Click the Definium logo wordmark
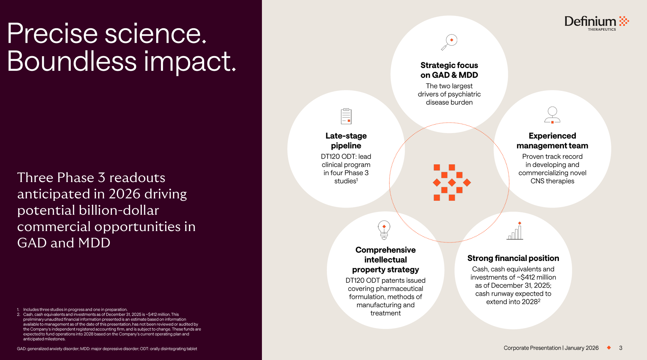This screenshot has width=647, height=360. pyautogui.click(x=590, y=21)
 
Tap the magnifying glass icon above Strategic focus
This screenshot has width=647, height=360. pyautogui.click(x=449, y=42)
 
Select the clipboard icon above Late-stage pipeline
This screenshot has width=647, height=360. pyautogui.click(x=346, y=116)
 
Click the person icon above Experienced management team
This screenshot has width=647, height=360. pyautogui.click(x=552, y=115)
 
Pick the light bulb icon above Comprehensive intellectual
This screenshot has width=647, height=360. pyautogui.click(x=384, y=230)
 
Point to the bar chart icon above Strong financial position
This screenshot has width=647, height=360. pyautogui.click(x=515, y=231)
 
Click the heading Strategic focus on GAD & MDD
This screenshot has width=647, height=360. pyautogui.click(x=449, y=70)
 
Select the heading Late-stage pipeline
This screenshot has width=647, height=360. pyautogui.click(x=346, y=141)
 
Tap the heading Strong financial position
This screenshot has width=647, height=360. pyautogui.click(x=513, y=258)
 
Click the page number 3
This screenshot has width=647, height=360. pyautogui.click(x=621, y=348)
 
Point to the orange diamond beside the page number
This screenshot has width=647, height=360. pyautogui.click(x=609, y=347)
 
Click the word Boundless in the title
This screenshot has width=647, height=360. pyautogui.click(x=72, y=61)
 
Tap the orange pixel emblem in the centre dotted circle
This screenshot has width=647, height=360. pyautogui.click(x=452, y=182)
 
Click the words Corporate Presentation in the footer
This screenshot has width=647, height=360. pyautogui.click(x=532, y=348)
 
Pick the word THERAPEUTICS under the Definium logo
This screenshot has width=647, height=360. pyautogui.click(x=602, y=30)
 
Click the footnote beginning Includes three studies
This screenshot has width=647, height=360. pyautogui.click(x=75, y=310)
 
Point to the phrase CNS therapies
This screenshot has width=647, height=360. pyautogui.click(x=552, y=181)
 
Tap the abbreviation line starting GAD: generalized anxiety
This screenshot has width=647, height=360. pyautogui.click(x=107, y=349)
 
